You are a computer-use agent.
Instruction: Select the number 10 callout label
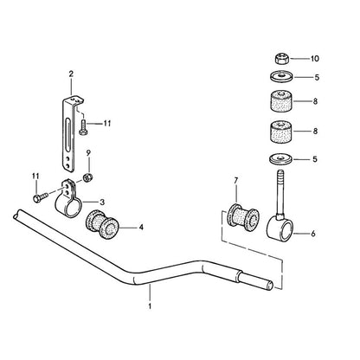click(x=315, y=59)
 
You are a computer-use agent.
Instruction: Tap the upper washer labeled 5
click(x=281, y=77)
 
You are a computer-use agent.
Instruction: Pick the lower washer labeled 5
click(x=281, y=159)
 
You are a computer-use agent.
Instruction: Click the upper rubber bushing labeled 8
click(x=281, y=101)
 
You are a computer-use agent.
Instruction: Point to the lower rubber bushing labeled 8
click(x=281, y=132)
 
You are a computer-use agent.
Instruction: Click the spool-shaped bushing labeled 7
click(x=244, y=217)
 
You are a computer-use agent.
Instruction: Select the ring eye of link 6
click(x=280, y=229)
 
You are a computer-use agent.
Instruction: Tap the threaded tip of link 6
click(x=280, y=175)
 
